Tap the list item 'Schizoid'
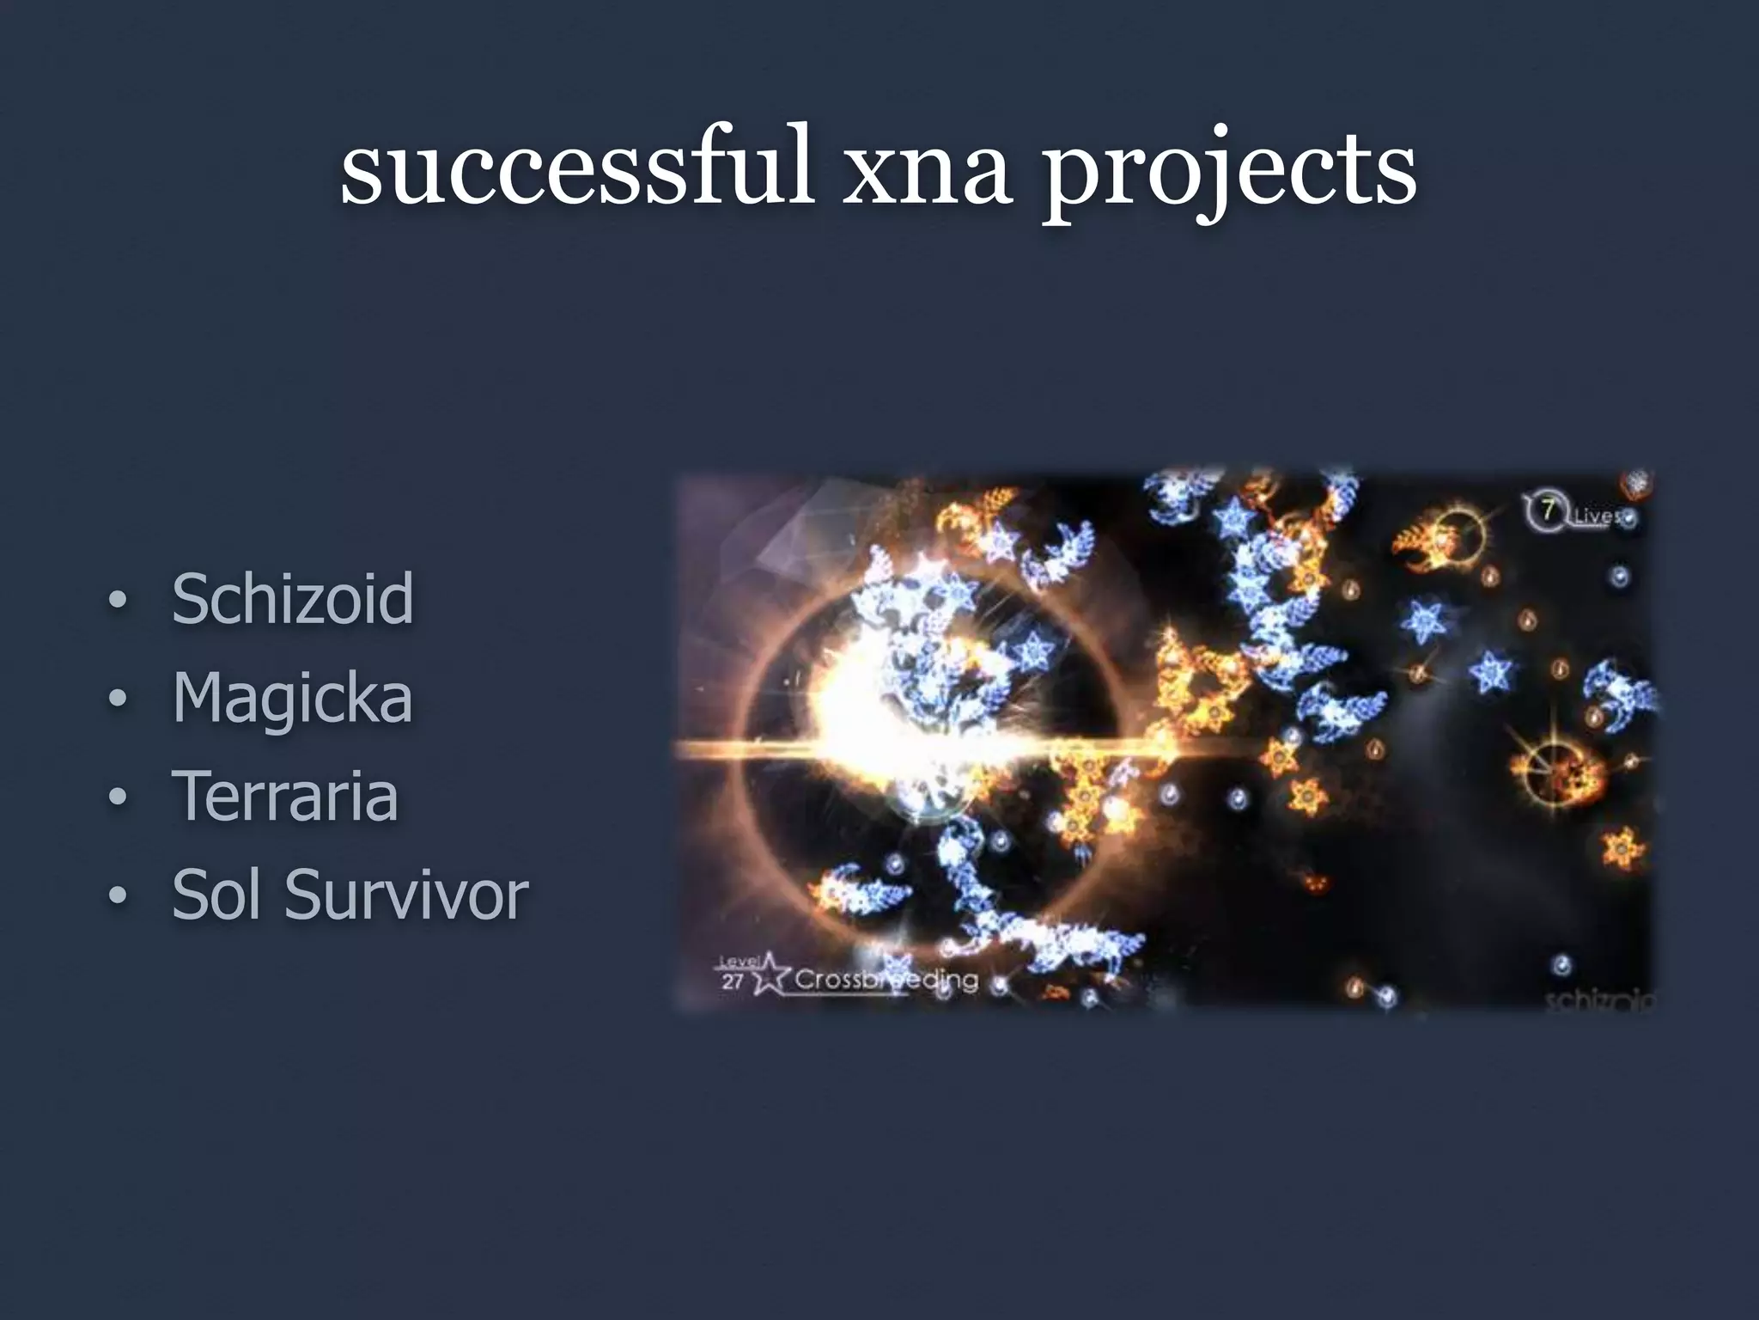pyautogui.click(x=292, y=599)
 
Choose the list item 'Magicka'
pyautogui.click(x=292, y=698)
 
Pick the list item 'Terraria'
pyautogui.click(x=285, y=796)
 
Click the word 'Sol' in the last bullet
pyautogui.click(x=220, y=895)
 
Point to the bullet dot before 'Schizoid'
pyautogui.click(x=118, y=602)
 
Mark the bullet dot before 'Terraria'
pyautogui.click(x=118, y=799)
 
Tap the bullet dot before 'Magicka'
pyautogui.click(x=118, y=700)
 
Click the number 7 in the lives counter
pyautogui.click(x=1547, y=510)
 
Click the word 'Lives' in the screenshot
pyautogui.click(x=1596, y=516)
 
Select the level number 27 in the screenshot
pyautogui.click(x=732, y=982)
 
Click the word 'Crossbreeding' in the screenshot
pyautogui.click(x=885, y=980)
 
